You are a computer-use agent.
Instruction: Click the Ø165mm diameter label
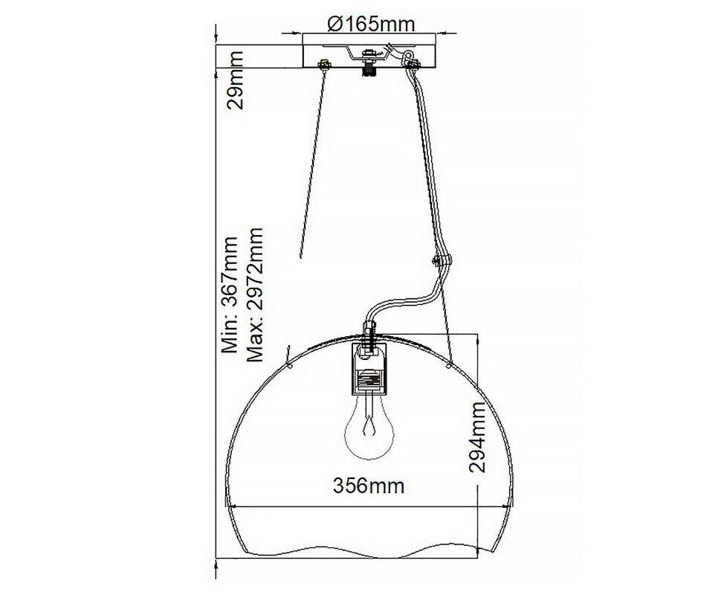coord(371,23)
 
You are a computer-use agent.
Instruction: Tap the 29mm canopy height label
coord(235,80)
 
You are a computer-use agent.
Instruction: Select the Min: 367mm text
coord(230,295)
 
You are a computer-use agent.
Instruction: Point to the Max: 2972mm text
coord(255,294)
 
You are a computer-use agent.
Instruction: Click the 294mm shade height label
coord(477,437)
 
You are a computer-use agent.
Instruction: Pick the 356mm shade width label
coord(369,486)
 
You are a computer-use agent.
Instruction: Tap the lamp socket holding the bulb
coord(369,369)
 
